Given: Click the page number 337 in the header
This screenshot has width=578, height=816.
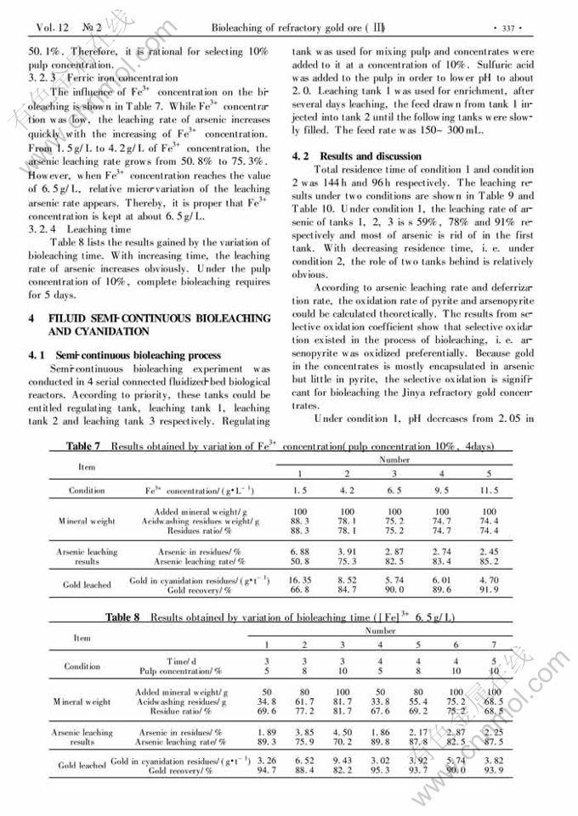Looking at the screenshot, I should tap(509, 27).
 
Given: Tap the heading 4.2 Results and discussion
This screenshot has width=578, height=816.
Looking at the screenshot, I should tap(356, 156).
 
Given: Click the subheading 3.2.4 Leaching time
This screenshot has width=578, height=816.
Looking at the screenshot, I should tap(80, 229).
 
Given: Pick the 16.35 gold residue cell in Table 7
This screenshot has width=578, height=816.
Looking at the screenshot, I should tap(300, 580).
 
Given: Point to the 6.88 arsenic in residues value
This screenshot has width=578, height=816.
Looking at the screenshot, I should tap(300, 551).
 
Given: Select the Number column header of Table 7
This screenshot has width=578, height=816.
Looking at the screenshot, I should tap(394, 459).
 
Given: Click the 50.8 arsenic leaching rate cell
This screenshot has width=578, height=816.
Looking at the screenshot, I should tap(300, 561).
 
